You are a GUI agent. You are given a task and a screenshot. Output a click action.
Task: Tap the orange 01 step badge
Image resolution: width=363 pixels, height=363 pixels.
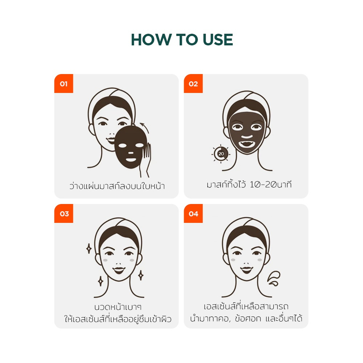64,84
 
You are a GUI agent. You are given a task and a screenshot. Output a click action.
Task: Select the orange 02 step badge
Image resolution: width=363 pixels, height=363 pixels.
193,84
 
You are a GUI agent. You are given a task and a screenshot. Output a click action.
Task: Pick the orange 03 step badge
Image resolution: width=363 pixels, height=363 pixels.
64,213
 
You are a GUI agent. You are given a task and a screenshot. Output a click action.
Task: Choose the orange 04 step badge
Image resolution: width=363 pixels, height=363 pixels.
193,213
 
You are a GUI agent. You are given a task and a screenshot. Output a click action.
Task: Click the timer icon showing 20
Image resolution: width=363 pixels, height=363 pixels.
221,154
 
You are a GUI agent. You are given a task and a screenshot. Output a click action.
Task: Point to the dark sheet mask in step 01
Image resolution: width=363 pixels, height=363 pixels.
131,147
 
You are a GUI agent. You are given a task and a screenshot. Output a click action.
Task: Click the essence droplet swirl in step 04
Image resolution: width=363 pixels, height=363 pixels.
274,279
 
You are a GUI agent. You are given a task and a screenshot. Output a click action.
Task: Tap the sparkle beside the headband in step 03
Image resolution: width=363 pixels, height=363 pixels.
89,248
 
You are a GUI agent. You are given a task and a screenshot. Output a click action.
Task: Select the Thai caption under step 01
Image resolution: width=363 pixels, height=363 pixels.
117,186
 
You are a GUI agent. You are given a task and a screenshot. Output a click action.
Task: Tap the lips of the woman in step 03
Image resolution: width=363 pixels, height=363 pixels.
119,270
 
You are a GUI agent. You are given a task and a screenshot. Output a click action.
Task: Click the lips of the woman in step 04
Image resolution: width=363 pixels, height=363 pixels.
247,270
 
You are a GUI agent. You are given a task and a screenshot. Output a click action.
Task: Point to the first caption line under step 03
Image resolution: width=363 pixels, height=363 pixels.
118,307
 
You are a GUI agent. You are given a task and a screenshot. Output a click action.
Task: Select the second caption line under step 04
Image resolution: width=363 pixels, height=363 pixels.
246,319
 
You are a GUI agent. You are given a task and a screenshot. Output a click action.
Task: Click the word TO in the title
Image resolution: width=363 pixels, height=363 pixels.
187,40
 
